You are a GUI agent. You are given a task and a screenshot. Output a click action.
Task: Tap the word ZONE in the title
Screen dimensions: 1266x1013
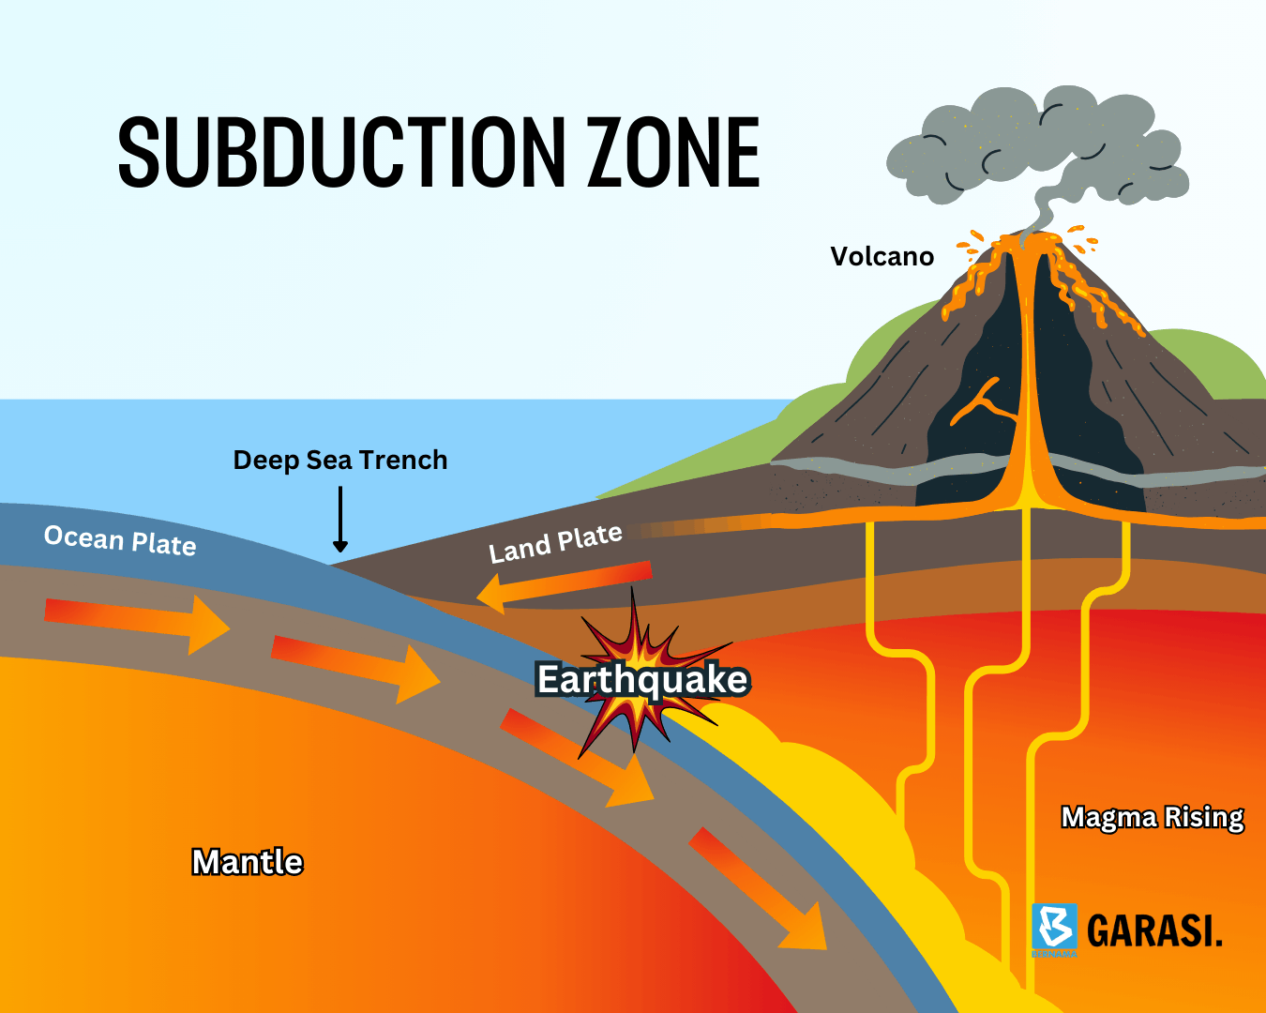tap(673, 153)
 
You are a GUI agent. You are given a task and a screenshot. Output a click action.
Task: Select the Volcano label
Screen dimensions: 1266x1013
tap(882, 257)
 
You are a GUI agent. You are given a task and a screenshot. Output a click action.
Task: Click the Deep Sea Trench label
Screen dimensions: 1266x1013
tap(340, 460)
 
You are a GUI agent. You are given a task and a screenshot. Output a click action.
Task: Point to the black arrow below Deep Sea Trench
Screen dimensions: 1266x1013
tap(340, 521)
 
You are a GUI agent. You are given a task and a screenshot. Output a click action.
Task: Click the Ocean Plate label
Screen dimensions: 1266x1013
tap(120, 540)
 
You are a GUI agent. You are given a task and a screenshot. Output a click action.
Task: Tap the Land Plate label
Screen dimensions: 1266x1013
tap(555, 543)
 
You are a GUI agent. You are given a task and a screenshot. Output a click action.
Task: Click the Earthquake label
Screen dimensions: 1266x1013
tap(642, 679)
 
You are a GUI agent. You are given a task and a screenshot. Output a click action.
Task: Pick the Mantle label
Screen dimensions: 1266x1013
tap(248, 861)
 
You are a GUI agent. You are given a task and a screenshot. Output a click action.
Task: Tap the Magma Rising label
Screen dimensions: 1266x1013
tap(1153, 817)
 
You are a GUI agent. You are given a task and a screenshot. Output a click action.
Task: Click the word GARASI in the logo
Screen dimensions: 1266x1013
tap(1154, 930)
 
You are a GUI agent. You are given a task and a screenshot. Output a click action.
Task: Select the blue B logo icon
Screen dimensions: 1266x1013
tap(1054, 928)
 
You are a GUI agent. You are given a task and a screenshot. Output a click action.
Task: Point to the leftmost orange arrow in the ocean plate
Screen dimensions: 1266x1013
tap(136, 622)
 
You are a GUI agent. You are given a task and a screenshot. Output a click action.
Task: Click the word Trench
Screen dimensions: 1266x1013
tap(403, 460)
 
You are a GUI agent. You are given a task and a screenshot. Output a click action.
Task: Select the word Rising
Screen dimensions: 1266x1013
tap(1204, 817)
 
